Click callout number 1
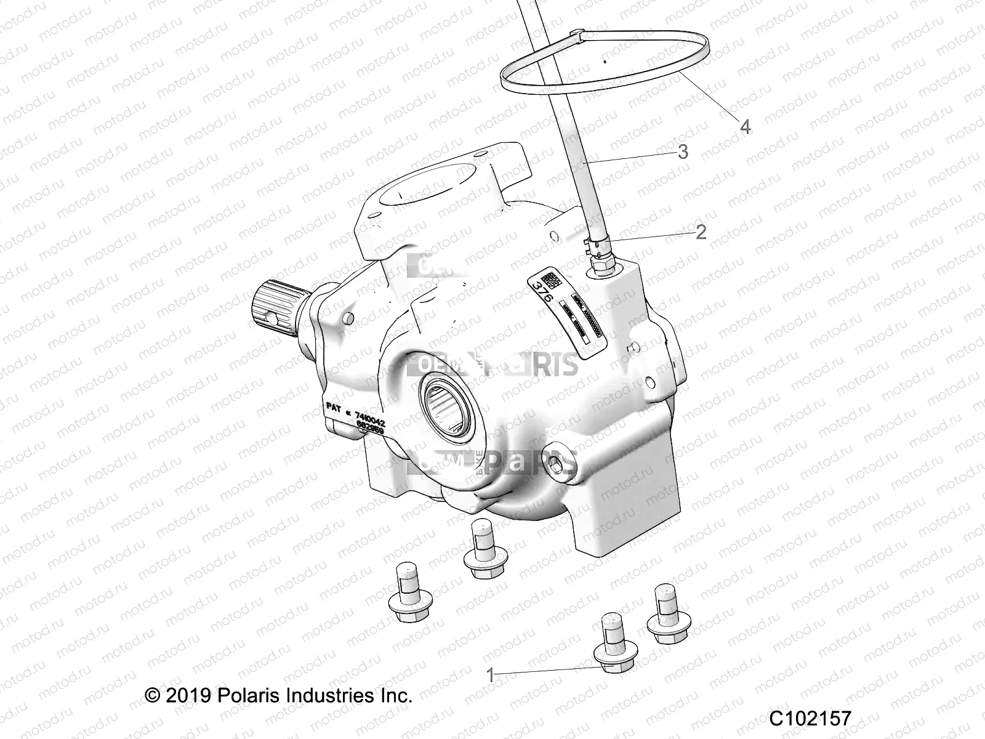tap(491, 676)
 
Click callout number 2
tap(701, 232)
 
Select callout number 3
tap(682, 151)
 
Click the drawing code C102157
tap(810, 719)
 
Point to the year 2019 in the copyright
tap(188, 696)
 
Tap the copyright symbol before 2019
tap(152, 696)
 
